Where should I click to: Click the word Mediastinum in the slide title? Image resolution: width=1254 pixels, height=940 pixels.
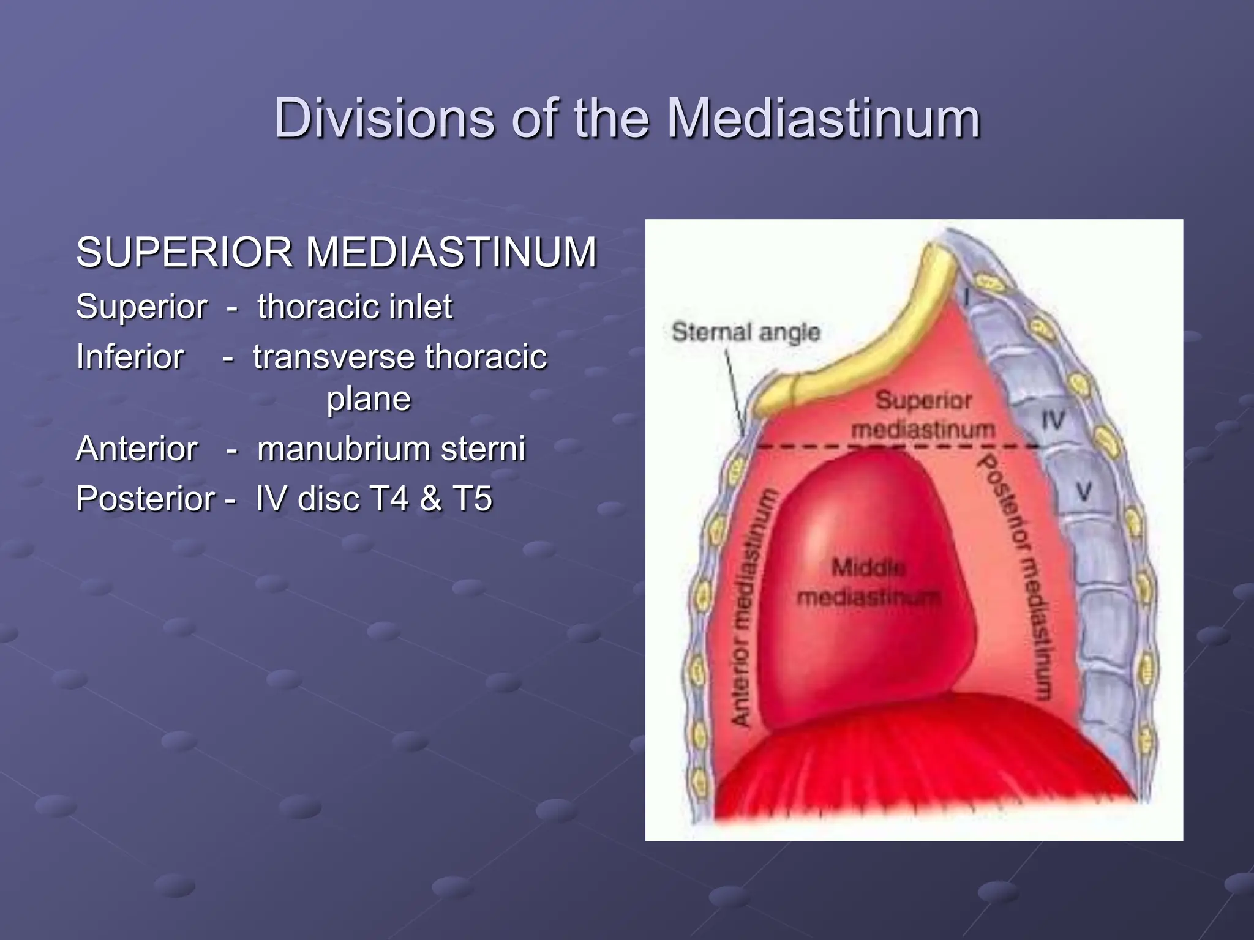click(823, 118)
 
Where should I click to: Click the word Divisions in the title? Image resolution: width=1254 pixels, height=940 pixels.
click(383, 118)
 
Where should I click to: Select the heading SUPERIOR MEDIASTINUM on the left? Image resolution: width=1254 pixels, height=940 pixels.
click(336, 252)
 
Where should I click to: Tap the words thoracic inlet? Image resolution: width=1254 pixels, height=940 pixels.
click(355, 307)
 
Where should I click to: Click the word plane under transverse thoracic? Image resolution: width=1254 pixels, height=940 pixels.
click(369, 399)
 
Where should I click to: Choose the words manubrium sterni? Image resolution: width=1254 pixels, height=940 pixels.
click(391, 449)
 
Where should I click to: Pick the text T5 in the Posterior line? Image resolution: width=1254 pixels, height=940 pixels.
click(473, 498)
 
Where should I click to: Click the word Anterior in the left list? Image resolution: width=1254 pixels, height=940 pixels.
click(137, 449)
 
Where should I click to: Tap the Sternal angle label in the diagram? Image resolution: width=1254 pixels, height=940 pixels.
click(745, 332)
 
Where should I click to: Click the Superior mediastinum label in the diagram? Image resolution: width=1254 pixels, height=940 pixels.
click(923, 415)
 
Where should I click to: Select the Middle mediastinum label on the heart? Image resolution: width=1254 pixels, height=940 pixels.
click(869, 582)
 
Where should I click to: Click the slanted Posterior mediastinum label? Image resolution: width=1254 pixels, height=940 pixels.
click(1016, 575)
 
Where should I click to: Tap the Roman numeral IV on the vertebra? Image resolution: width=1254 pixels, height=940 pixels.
click(1053, 420)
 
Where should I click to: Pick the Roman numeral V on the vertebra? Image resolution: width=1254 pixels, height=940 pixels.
click(1084, 491)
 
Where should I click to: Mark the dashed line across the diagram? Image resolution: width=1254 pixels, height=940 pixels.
click(894, 447)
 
